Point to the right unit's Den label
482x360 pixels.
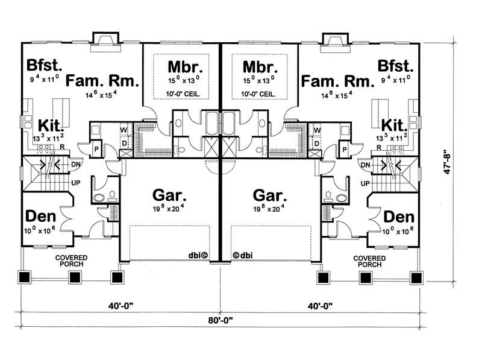[x=398, y=216]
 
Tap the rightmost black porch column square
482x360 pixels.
[x=415, y=277]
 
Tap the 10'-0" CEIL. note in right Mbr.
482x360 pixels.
[x=260, y=93]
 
